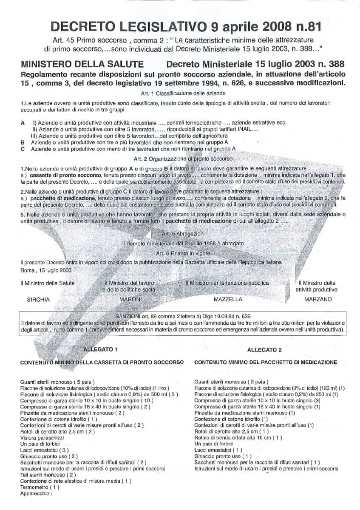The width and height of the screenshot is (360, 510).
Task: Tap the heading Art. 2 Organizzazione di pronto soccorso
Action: click(x=180, y=159)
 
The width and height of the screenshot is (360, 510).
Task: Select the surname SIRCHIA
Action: click(x=38, y=299)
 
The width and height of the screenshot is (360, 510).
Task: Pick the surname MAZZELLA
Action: click(x=228, y=299)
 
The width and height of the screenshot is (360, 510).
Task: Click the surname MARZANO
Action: click(x=318, y=299)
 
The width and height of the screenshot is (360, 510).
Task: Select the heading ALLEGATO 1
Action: click(x=101, y=350)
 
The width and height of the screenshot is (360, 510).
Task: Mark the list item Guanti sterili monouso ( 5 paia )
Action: click(x=57, y=382)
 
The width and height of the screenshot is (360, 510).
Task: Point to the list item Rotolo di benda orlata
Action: click(x=238, y=437)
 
